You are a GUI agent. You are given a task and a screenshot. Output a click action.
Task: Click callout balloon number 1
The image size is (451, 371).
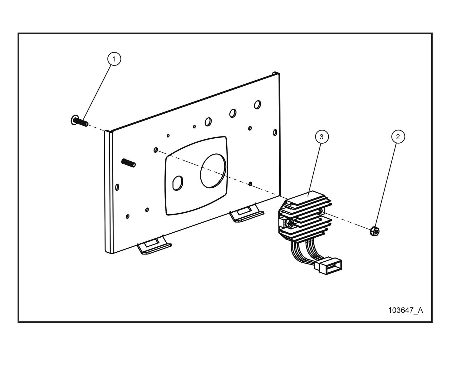click(114, 59)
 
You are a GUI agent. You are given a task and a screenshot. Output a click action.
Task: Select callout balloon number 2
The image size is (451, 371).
click(398, 137)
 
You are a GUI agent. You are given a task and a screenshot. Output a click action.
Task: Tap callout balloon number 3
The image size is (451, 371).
click(321, 137)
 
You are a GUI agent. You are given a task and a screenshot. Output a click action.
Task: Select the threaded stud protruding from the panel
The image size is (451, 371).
click(128, 163)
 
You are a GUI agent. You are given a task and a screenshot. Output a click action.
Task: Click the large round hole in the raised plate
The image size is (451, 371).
click(213, 171)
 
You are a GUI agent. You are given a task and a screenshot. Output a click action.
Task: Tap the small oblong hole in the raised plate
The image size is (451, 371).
click(178, 183)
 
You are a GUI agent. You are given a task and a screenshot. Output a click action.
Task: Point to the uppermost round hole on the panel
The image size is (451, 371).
click(257, 104)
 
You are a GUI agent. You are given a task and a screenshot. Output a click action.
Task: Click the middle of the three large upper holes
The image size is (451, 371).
click(233, 113)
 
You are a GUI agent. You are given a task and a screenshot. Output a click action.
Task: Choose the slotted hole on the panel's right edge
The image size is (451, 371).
click(275, 132)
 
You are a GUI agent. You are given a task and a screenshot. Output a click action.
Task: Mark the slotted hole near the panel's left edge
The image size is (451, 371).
click(117, 187)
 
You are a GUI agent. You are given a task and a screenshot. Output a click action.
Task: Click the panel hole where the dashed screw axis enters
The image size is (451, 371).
click(156, 150)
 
